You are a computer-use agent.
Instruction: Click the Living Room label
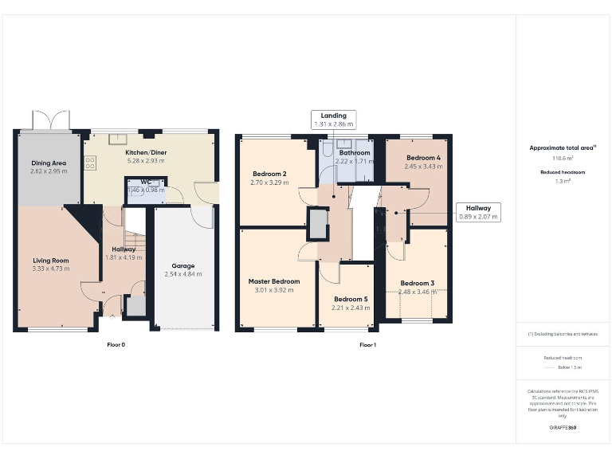click(x=51, y=261)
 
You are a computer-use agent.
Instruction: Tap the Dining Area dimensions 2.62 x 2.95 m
click(x=49, y=171)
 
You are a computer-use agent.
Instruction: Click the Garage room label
click(x=183, y=266)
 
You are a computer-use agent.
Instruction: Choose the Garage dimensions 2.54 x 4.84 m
click(x=183, y=274)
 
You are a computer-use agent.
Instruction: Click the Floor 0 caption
click(x=116, y=345)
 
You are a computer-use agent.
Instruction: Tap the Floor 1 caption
click(x=367, y=345)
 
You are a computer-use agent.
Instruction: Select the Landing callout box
click(x=334, y=120)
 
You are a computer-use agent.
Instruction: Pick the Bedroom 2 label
click(x=269, y=174)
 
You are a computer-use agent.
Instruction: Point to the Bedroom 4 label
click(x=423, y=158)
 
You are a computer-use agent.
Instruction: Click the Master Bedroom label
click(x=274, y=281)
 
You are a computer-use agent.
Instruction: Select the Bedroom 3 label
click(x=417, y=283)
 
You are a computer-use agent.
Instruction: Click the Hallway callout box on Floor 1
click(x=479, y=211)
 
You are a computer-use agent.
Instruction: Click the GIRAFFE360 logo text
click(x=563, y=428)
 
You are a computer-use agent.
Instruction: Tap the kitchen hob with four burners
click(x=90, y=163)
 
